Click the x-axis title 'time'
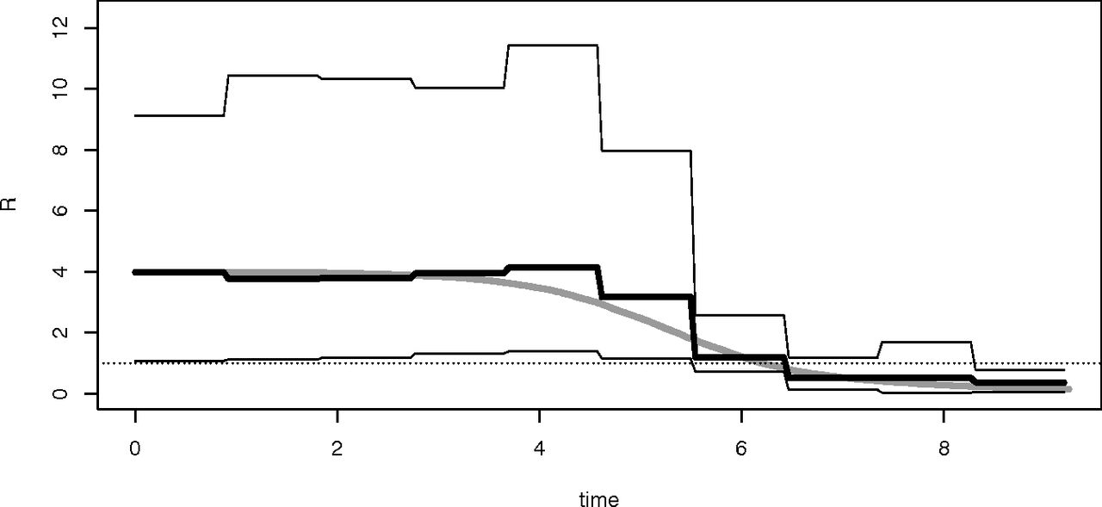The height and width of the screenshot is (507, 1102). (598, 498)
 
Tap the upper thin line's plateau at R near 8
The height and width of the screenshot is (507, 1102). (646, 151)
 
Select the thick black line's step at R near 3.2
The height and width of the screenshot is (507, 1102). (646, 296)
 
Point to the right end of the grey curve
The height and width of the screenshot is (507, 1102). (1068, 390)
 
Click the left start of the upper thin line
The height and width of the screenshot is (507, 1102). (136, 115)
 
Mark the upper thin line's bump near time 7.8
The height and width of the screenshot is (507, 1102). (926, 342)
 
